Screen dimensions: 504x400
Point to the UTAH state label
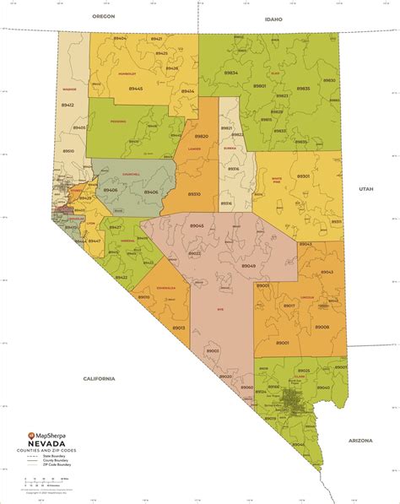[364, 189]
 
